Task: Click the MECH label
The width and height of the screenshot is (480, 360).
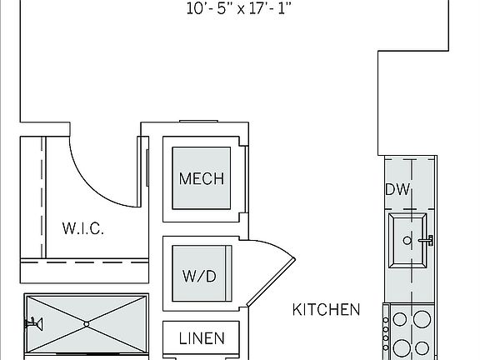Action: pos(202,178)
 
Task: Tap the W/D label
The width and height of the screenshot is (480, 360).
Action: pos(199,276)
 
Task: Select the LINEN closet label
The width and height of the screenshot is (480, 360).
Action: pos(202,338)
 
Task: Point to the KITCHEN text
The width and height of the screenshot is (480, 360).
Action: pos(326,309)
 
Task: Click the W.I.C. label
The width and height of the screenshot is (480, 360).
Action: pos(83,228)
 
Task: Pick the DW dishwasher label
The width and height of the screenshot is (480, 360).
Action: pos(397,189)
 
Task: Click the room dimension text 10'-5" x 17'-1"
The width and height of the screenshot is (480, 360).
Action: pos(238,9)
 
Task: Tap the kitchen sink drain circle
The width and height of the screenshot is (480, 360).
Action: pos(407,241)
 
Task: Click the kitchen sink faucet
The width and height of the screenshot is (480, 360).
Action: pos(426,240)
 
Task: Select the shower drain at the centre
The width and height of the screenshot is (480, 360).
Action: pos(87,324)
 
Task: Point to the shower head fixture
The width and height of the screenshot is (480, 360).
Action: pos(33,324)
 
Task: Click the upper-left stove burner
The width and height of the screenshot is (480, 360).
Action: pos(399,319)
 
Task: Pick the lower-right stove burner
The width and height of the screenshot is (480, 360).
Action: pos(422,348)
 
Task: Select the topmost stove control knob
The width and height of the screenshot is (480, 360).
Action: pos(386,320)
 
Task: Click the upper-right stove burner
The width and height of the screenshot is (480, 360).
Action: pos(422,319)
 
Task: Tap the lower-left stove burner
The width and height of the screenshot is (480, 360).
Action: pos(402,348)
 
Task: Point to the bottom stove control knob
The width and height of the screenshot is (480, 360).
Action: pos(386,347)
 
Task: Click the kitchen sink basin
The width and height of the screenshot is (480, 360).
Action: pos(407,241)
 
